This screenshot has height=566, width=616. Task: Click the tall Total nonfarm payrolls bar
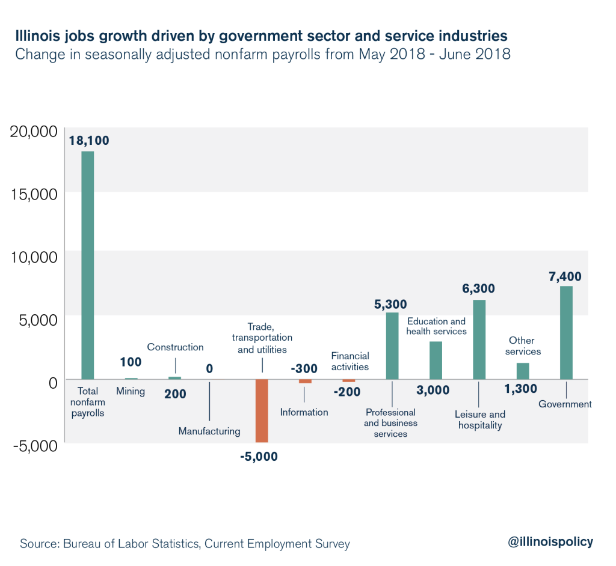[x=88, y=264]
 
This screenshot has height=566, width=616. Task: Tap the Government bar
[x=566, y=332]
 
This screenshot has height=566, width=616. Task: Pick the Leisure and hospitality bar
[x=479, y=339]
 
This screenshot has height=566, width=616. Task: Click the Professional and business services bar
[x=392, y=345]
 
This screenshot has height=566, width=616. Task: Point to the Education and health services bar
[x=436, y=360]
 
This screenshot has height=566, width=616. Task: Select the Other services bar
[x=523, y=371]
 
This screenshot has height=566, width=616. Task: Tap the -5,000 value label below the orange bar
[x=259, y=457]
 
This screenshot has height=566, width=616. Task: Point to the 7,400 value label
[x=564, y=276]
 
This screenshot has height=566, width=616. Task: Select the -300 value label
[x=305, y=368]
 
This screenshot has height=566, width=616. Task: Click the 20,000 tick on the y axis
[x=34, y=132]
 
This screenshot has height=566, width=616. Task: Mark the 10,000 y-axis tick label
[x=34, y=257]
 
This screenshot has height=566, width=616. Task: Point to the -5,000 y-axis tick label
[x=34, y=445]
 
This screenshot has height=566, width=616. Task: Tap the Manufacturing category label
[x=209, y=431]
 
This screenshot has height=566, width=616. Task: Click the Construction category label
[x=176, y=347]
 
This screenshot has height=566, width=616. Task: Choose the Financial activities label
[x=350, y=361]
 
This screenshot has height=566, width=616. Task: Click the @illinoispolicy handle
[x=550, y=542]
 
